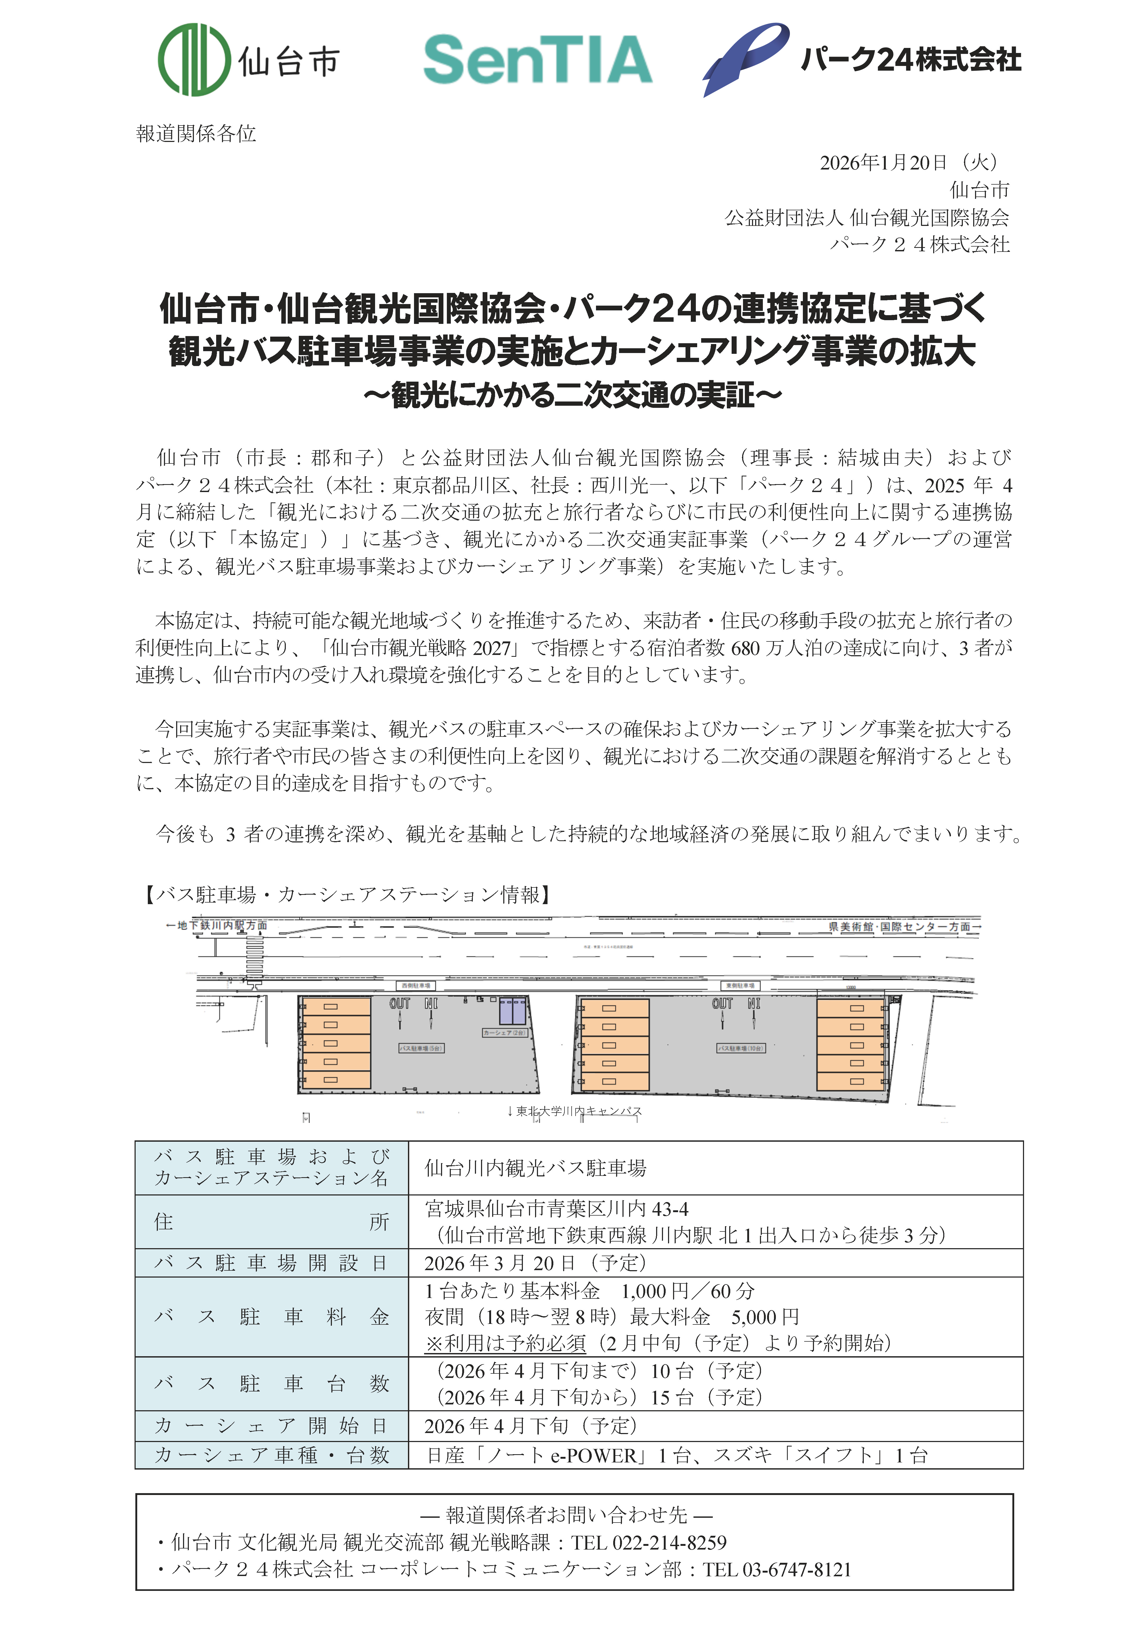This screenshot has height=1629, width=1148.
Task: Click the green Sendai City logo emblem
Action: pyautogui.click(x=194, y=60)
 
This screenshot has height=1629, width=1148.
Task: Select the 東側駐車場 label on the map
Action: pyautogui.click(x=740, y=985)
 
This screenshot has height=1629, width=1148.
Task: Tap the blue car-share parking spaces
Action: pyautogui.click(x=513, y=1011)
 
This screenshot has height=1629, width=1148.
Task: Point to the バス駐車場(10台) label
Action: pyautogui.click(x=741, y=1048)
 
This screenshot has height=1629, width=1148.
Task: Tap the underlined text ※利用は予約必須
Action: pyautogui.click(x=505, y=1342)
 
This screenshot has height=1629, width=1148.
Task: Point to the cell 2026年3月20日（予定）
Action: pyautogui.click(x=536, y=1263)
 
